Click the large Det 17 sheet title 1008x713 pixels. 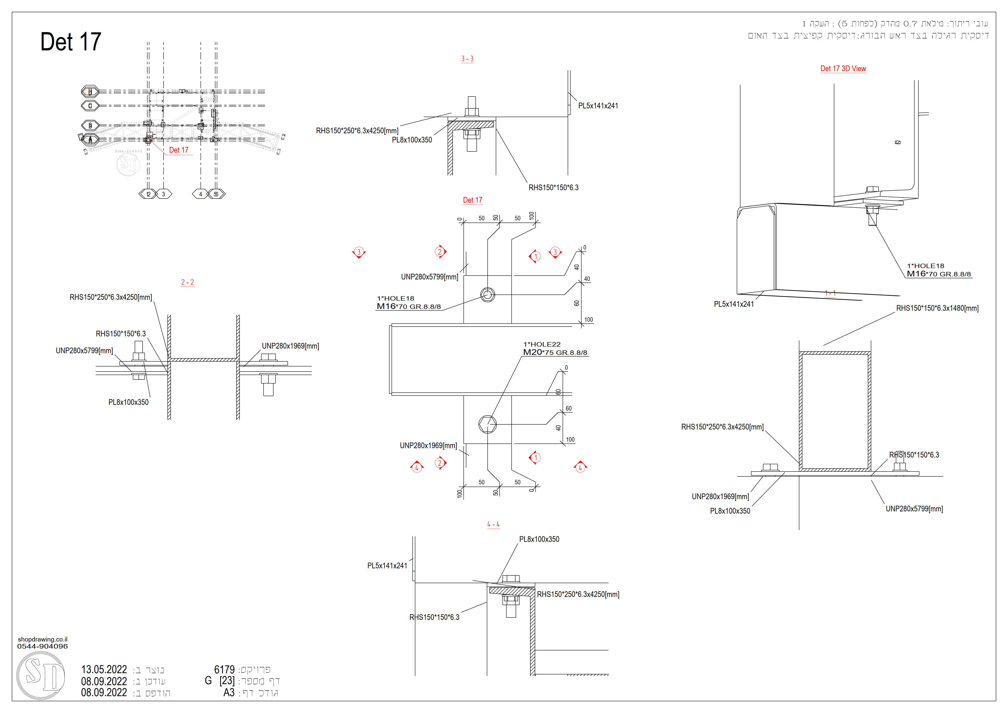pyautogui.click(x=71, y=42)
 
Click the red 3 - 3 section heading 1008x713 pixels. pyautogui.click(x=467, y=59)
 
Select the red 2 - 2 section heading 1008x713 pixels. pyautogui.click(x=188, y=282)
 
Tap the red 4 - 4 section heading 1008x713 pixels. pyautogui.click(x=493, y=524)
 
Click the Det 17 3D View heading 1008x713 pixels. pyautogui.click(x=843, y=68)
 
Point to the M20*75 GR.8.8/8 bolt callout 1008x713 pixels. pyautogui.click(x=555, y=353)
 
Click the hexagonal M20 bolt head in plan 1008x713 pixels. pyautogui.click(x=487, y=424)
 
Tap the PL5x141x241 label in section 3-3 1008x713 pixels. pyautogui.click(x=598, y=106)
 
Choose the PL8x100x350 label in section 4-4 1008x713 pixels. pyautogui.click(x=539, y=539)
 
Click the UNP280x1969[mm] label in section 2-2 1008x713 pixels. pyautogui.click(x=290, y=346)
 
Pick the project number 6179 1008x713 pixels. pyautogui.click(x=224, y=670)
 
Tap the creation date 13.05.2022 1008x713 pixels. pyautogui.click(x=104, y=670)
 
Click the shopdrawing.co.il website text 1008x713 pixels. pyautogui.click(x=43, y=639)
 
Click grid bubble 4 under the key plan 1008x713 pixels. pyautogui.click(x=201, y=194)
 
